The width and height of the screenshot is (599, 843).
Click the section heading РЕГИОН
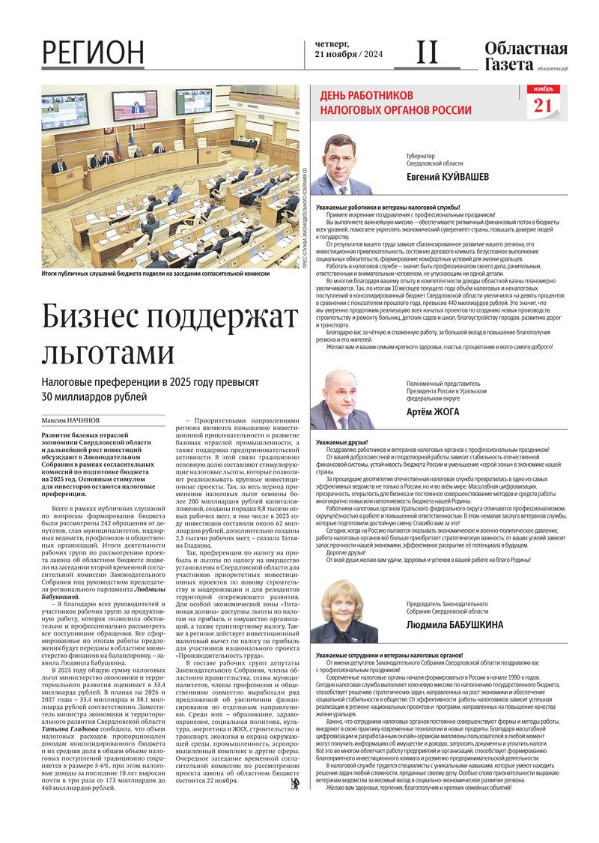click(x=94, y=52)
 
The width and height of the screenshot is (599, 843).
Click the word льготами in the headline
click(x=108, y=352)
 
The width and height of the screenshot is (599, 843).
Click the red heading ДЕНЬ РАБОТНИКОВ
click(x=366, y=95)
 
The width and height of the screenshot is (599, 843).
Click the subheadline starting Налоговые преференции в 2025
click(x=150, y=382)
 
